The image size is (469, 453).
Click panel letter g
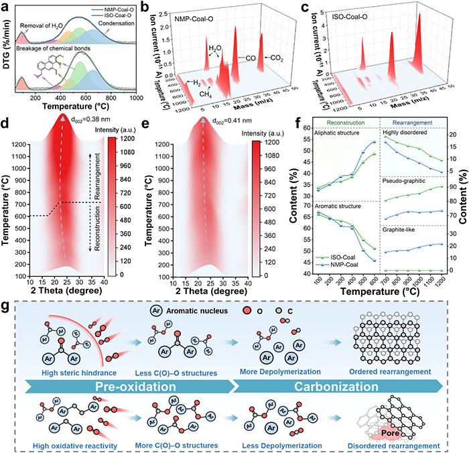coord(7,310)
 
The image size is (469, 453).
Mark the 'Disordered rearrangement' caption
coord(393,444)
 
